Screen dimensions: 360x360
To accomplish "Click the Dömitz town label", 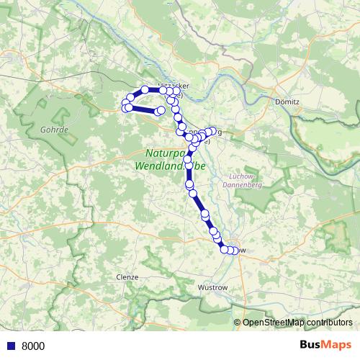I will [x=287, y=102].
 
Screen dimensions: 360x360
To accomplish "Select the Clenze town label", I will [x=127, y=276].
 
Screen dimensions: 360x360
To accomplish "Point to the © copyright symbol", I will [x=238, y=323].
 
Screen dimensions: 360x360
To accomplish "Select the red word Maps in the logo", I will [x=337, y=346].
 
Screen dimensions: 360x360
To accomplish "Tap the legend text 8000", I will [x=33, y=346].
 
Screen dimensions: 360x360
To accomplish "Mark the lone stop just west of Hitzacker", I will [x=145, y=89].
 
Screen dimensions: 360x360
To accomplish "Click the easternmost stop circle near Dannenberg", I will [x=212, y=131].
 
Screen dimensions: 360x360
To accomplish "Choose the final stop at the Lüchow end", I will [x=235, y=251].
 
